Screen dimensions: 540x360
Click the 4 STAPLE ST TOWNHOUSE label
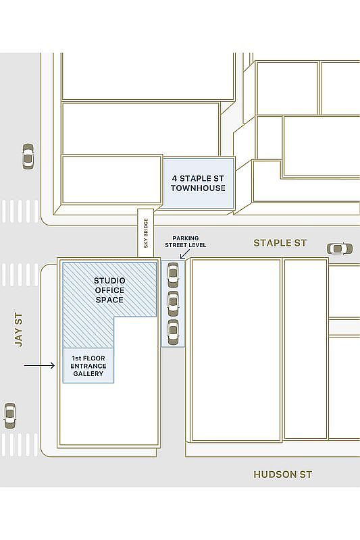click(x=198, y=183)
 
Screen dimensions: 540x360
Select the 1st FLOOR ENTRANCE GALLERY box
click(x=88, y=365)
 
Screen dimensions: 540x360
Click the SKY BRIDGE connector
click(x=146, y=233)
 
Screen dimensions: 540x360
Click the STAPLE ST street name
click(x=280, y=242)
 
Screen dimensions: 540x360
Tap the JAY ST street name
click(x=18, y=329)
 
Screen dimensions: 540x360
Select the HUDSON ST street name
click(x=282, y=475)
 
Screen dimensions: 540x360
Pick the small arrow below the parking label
click(x=184, y=254)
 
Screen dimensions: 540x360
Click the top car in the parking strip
click(x=173, y=274)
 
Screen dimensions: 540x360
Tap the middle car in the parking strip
click(x=173, y=303)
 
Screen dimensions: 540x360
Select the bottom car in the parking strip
click(x=173, y=331)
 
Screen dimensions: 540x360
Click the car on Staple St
click(x=339, y=248)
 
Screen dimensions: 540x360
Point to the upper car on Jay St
click(x=28, y=157)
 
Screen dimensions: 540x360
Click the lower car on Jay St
click(x=10, y=415)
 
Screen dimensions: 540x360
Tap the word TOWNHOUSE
click(x=198, y=188)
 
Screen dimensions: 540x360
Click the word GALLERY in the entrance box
click(x=88, y=373)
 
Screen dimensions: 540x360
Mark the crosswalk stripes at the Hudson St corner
click(x=19, y=445)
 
